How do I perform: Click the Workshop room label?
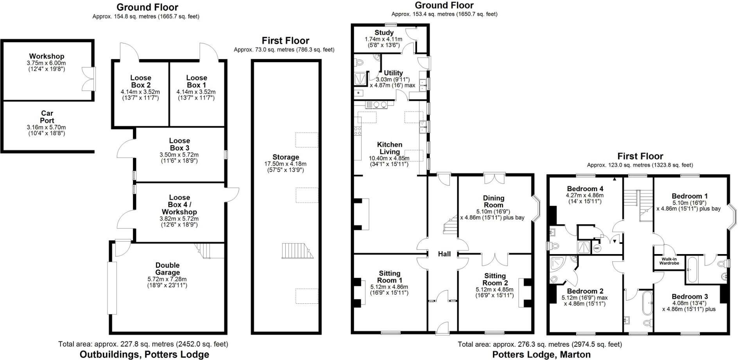pos(47,57)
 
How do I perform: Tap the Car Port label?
pos(47,117)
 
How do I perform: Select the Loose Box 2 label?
pos(141,81)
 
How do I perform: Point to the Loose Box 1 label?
pos(196,81)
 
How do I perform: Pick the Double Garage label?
pos(167,269)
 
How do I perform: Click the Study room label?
pos(384,33)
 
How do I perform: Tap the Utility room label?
pos(393,73)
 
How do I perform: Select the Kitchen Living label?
pos(390,148)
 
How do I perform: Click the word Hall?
pos(444,254)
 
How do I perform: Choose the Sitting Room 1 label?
pos(389,277)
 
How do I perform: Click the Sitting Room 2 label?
pos(495,279)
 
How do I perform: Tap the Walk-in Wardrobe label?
pos(669,261)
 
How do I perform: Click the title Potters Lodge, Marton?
pos(541,355)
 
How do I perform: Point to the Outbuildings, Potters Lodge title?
pos(144,355)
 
